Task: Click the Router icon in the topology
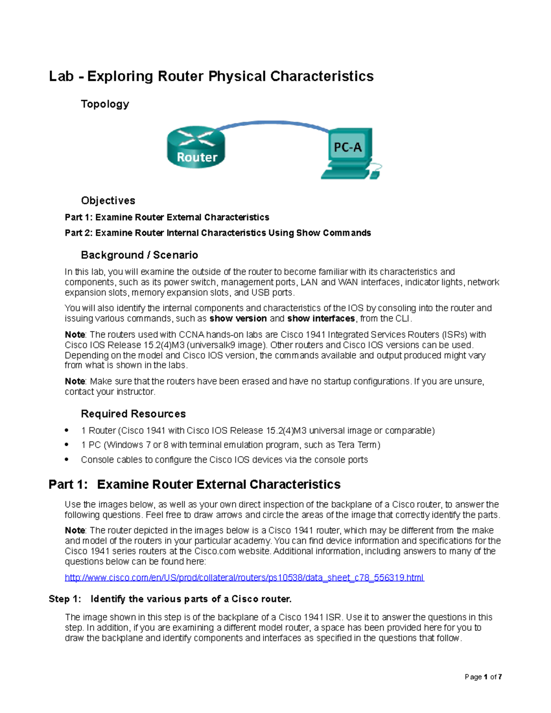pos(196,147)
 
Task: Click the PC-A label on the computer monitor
pos(348,147)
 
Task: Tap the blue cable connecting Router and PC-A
pos(271,123)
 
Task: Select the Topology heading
pos(105,104)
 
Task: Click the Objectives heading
pos(108,201)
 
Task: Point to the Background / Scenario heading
pos(139,255)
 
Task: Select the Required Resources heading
pos(133,414)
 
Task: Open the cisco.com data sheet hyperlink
pos(244,578)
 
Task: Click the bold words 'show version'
pos(238,319)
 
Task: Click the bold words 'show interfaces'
pos(321,319)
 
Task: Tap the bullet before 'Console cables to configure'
pos(67,459)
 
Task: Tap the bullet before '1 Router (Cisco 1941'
pos(67,430)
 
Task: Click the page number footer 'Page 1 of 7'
pos(483,677)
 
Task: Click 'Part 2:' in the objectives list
pos(79,233)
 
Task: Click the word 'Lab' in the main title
pos(61,76)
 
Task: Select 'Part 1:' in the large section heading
pos(67,484)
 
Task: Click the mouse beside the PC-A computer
pos(375,175)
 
